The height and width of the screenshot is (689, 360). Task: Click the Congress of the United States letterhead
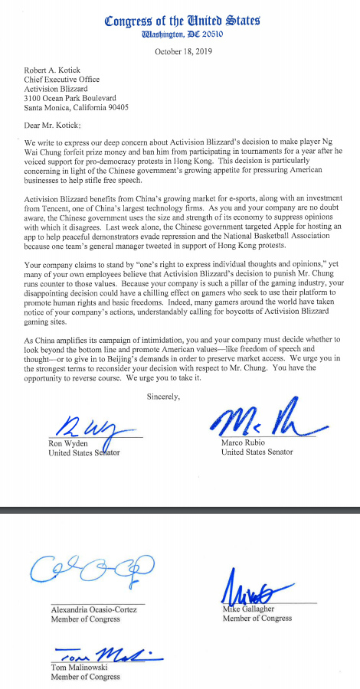click(x=181, y=21)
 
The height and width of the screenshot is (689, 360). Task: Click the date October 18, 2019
click(x=182, y=51)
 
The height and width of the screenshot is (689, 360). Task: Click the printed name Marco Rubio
click(x=245, y=443)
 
